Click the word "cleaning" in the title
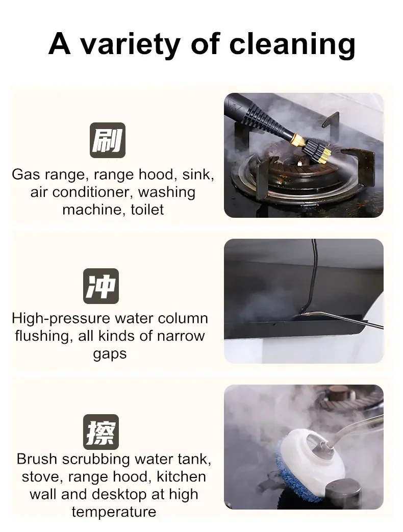click(x=292, y=45)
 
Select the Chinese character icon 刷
click(x=108, y=140)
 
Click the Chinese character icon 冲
click(x=101, y=286)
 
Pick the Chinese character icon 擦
click(x=101, y=432)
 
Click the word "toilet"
click(x=147, y=210)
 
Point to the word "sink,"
click(x=198, y=175)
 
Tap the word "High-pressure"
click(x=61, y=319)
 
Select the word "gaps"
click(x=110, y=354)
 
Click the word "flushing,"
click(x=42, y=336)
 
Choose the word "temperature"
click(x=114, y=512)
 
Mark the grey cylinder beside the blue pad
click(x=343, y=494)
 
